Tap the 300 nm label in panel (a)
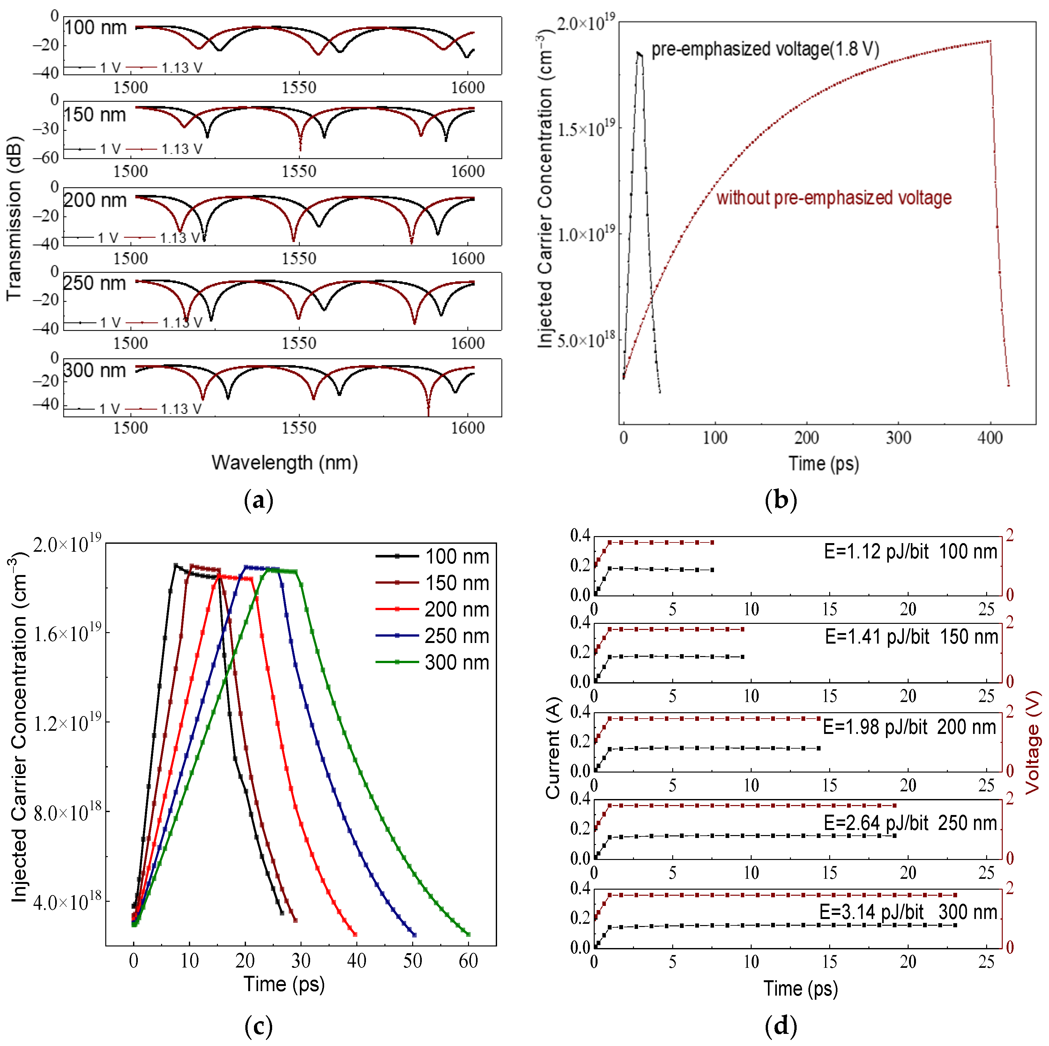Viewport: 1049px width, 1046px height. pos(94,370)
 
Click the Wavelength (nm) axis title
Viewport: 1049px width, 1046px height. pos(285,463)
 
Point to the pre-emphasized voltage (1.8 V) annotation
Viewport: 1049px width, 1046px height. pos(764,49)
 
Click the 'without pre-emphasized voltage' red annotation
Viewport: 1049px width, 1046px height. pos(833,198)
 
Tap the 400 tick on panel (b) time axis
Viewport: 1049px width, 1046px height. pos(989,438)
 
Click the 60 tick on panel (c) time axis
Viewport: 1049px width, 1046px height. pos(468,961)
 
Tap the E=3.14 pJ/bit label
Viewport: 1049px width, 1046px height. pos(871,912)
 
